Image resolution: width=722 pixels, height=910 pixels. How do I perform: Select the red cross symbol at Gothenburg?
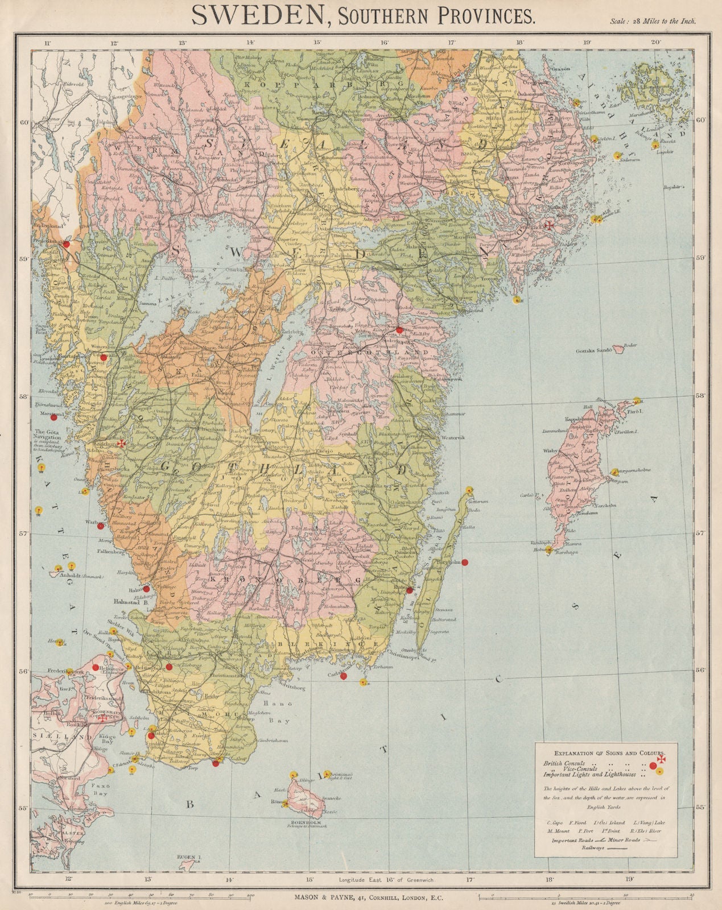121,443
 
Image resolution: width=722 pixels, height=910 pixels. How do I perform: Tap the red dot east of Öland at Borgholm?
464,562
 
